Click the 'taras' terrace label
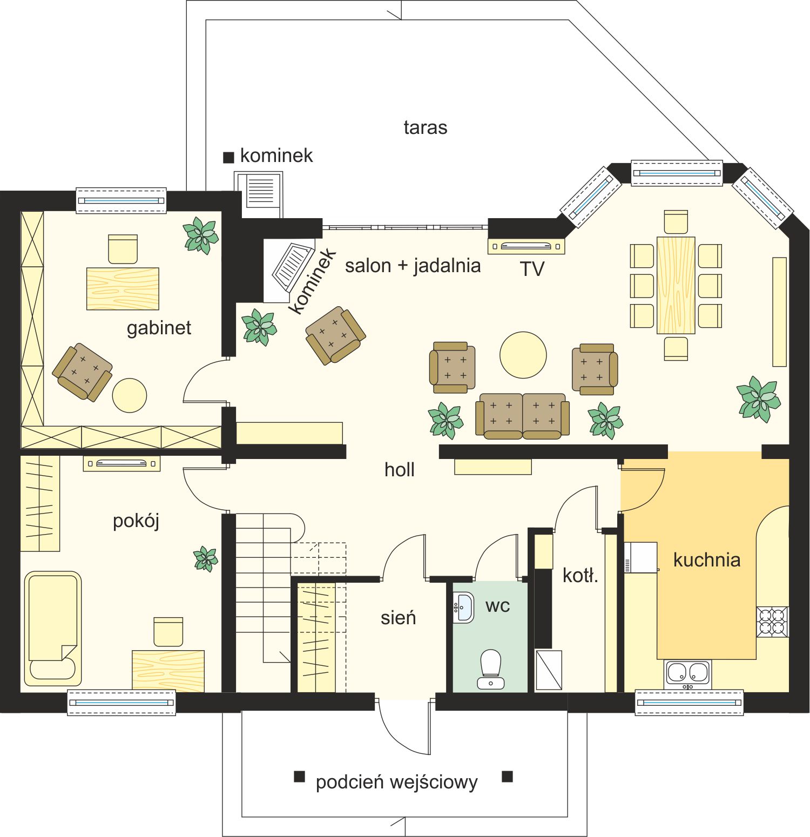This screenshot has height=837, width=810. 426,127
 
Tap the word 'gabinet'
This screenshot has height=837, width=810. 159,328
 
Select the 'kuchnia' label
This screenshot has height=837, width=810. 706,560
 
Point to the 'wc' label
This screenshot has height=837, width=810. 497,606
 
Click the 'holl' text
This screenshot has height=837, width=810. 400,469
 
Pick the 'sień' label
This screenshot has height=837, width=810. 398,617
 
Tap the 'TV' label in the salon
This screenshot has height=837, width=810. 532,269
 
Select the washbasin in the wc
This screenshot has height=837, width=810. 463,607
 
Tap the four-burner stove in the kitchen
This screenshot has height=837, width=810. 772,622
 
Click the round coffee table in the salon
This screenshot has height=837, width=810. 523,355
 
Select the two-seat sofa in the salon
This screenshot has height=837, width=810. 522,416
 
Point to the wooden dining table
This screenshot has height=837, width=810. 676,285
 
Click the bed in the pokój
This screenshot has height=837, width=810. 52,629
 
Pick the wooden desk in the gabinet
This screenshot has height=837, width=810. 123,289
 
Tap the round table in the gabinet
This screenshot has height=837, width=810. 130,395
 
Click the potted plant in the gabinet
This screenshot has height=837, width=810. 200,235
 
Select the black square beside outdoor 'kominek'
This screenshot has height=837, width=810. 228,157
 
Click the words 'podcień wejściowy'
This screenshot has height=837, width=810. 397,782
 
